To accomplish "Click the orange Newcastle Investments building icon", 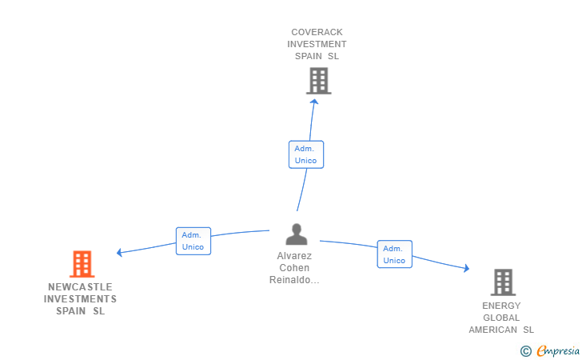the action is [x=82, y=264].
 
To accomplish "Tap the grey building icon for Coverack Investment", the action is [x=318, y=81].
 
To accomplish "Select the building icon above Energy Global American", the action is [x=503, y=282].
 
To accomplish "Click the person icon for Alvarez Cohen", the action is [x=297, y=234].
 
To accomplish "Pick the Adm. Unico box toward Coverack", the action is [x=306, y=154].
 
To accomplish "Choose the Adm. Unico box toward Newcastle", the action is [x=193, y=241].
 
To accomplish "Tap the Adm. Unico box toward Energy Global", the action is [x=395, y=254].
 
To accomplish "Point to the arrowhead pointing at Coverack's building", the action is [x=314, y=102].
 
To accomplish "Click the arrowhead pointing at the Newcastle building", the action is [x=119, y=253].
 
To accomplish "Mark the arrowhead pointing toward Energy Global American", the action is [x=467, y=268].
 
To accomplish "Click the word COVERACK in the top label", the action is [x=317, y=32].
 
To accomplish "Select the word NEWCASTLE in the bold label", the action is [x=80, y=287].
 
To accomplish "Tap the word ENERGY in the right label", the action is [x=501, y=306].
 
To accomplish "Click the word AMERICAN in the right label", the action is [x=493, y=330].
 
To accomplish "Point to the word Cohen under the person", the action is [x=294, y=268].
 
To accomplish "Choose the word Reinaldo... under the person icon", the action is [x=294, y=280].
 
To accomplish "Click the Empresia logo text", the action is [x=558, y=350].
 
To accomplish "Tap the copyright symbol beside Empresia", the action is [x=526, y=351].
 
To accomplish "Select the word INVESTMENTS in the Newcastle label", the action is [x=80, y=299].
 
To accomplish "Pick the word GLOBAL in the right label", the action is [x=501, y=318].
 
